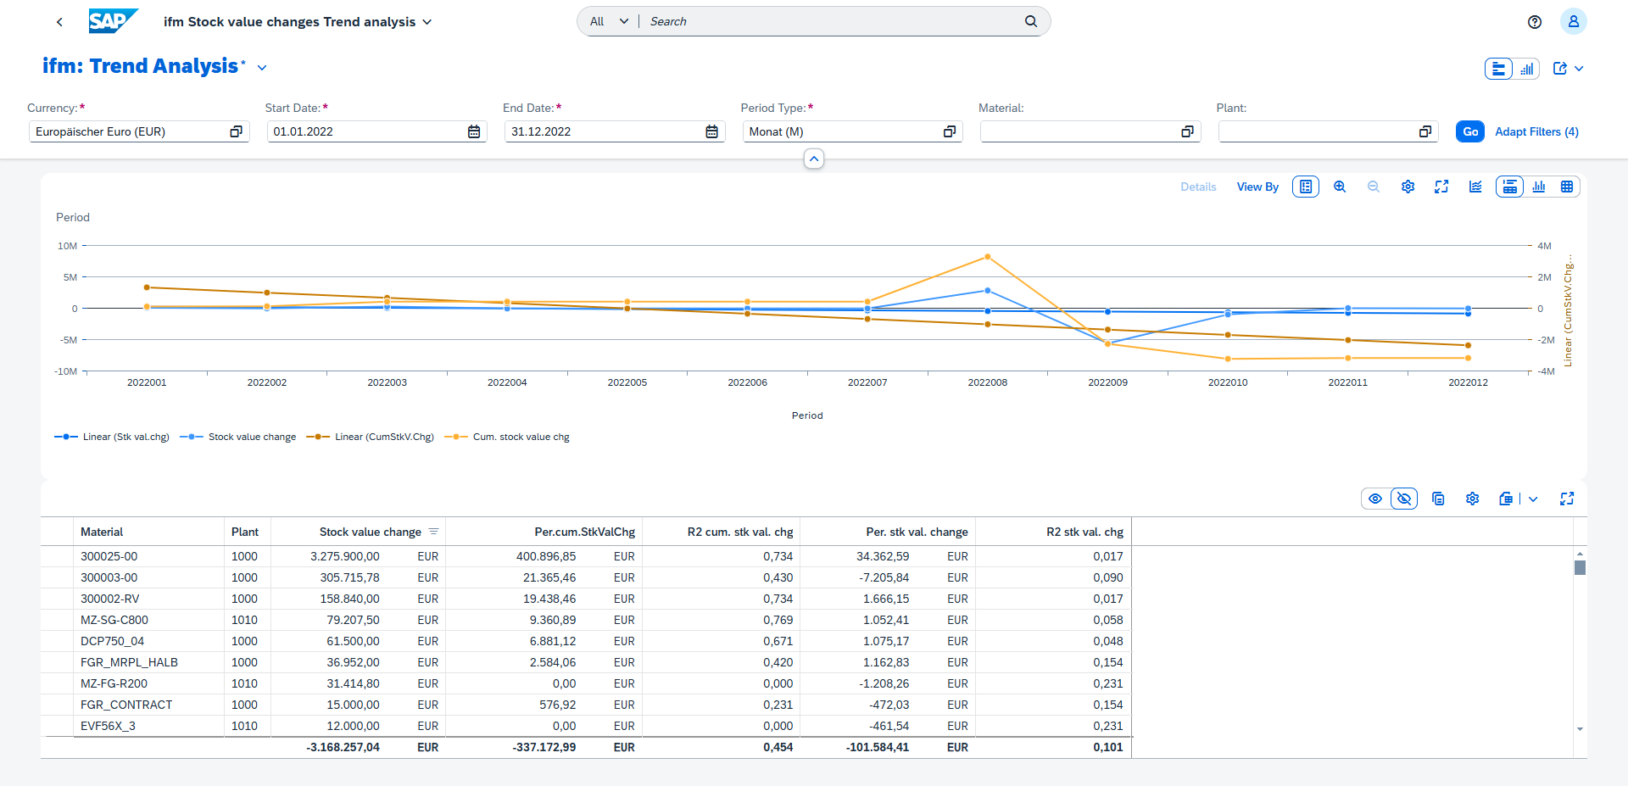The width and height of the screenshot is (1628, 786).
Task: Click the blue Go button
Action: click(x=1469, y=131)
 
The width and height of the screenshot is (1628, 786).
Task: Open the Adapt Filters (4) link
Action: click(x=1536, y=131)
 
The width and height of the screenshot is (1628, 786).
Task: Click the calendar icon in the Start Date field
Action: click(x=474, y=131)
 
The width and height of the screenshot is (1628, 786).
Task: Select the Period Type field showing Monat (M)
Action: click(x=844, y=131)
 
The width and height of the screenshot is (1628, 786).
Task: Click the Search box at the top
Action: click(x=831, y=21)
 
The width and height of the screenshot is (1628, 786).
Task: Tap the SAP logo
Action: click(x=112, y=21)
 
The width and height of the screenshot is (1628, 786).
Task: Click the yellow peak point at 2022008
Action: click(x=988, y=257)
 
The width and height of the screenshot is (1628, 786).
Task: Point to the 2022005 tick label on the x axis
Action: click(x=627, y=382)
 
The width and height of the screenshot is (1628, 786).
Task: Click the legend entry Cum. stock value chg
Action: click(x=520, y=437)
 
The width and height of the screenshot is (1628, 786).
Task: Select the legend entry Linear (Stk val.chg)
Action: click(x=125, y=437)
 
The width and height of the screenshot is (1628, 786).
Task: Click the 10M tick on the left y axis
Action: click(x=67, y=246)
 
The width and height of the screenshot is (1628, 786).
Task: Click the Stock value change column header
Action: click(x=370, y=532)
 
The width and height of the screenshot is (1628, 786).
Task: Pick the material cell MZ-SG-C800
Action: click(x=114, y=620)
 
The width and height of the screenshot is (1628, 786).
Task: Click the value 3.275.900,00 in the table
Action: click(x=344, y=556)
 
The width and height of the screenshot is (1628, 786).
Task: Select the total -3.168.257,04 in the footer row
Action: click(x=343, y=747)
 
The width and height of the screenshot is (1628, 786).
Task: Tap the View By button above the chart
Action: click(x=1257, y=187)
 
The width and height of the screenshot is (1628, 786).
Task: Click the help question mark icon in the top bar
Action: click(x=1534, y=22)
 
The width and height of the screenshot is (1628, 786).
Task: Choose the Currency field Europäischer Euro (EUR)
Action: click(x=127, y=131)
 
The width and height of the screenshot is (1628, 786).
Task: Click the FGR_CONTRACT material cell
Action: click(x=126, y=705)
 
